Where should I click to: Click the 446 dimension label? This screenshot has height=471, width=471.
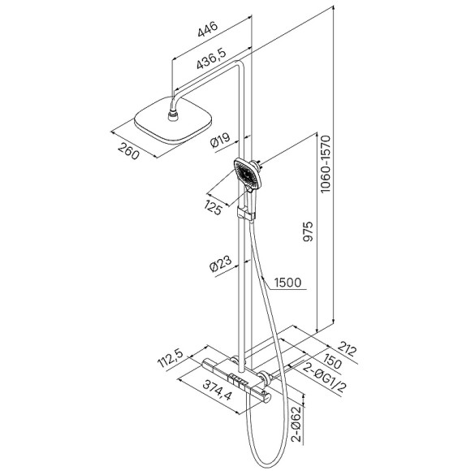coord(207,29)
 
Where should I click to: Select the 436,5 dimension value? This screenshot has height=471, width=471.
coord(211,58)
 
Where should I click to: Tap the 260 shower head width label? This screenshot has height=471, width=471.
coord(128,151)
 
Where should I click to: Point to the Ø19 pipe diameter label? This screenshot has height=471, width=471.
coord(220,140)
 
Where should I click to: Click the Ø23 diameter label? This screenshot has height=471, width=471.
coord(221,264)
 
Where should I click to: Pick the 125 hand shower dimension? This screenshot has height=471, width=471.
coord(214,207)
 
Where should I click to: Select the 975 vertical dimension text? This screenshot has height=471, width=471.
coord(308,231)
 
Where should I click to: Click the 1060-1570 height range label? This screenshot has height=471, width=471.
coord(326,164)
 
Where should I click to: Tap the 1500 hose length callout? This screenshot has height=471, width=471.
coord(287,283)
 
